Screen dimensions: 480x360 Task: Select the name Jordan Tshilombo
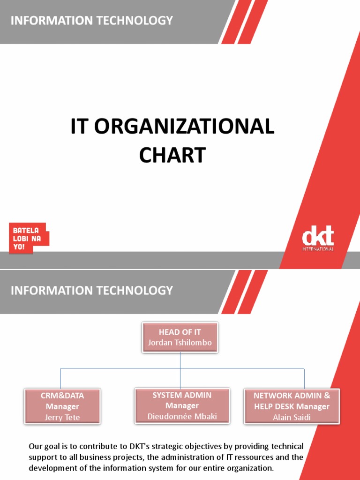[180, 343]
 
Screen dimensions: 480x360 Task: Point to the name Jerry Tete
[62, 417]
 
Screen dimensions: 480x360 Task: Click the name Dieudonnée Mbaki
[182, 416]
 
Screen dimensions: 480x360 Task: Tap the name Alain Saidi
[292, 417]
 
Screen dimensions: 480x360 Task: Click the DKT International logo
[318, 238]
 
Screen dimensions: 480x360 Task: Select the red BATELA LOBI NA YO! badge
[28, 238]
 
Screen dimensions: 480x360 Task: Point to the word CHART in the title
[172, 155]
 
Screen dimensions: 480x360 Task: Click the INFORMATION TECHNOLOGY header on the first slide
[92, 21]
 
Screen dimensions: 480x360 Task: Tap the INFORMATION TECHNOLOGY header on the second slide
[92, 291]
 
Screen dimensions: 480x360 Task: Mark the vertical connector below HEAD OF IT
[180, 361]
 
